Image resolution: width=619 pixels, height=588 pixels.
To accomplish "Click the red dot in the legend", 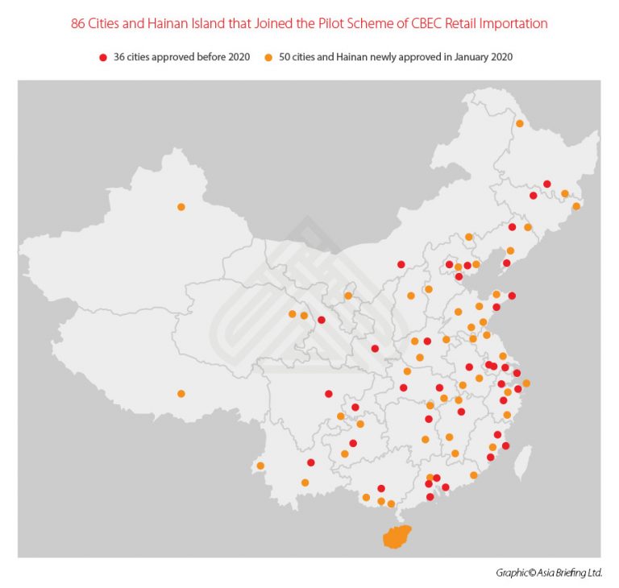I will click(102, 58).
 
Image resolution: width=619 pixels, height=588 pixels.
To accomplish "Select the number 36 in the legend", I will click(120, 58).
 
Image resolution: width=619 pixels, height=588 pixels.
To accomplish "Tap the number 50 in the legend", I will click(285, 58).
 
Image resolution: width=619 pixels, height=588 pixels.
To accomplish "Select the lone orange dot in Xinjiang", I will click(181, 207).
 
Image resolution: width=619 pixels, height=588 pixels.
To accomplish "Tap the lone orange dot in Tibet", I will click(181, 394).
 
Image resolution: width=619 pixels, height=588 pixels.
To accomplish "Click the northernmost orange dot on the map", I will click(520, 123).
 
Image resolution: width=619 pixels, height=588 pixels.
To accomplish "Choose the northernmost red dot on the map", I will click(547, 184).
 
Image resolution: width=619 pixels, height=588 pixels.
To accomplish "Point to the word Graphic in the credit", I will click(512, 573).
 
